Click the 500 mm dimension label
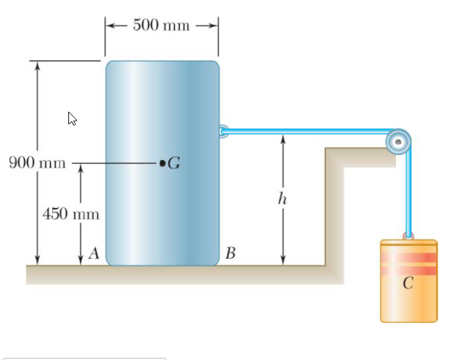pyautogui.click(x=162, y=25)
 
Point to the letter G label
pyautogui.click(x=174, y=163)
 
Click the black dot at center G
pyautogui.click(x=162, y=162)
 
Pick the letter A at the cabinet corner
pyautogui.click(x=93, y=254)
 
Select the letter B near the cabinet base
pyautogui.click(x=231, y=254)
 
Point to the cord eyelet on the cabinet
pyautogui.click(x=223, y=132)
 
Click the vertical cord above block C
pyautogui.click(x=409, y=191)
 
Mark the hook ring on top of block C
pyautogui.click(x=409, y=236)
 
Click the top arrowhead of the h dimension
pyautogui.click(x=283, y=137)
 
